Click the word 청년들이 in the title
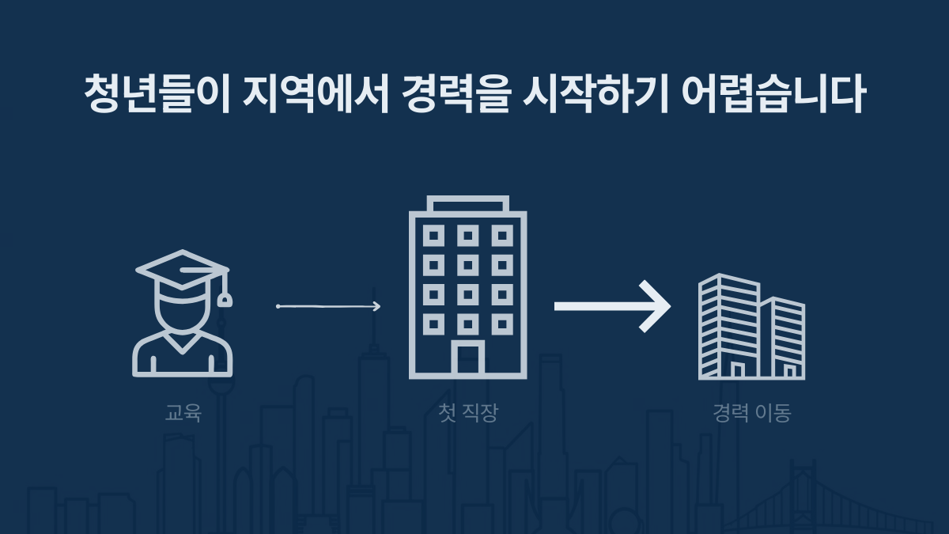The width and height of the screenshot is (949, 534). click(x=157, y=93)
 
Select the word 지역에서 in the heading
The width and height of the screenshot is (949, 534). click(x=316, y=93)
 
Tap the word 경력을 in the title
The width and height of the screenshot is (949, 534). click(x=456, y=93)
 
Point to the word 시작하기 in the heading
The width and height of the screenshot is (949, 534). click(x=595, y=93)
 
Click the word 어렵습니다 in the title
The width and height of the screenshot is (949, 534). click(x=773, y=93)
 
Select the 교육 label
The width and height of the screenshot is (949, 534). click(x=183, y=412)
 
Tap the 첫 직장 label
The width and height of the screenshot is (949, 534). click(x=467, y=412)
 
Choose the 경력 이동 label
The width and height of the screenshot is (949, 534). click(x=751, y=412)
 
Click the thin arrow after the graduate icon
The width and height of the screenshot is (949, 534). click(x=328, y=306)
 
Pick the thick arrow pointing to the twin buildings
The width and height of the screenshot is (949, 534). click(x=613, y=306)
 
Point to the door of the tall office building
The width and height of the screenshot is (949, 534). click(x=467, y=359)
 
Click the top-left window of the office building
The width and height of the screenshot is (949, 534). click(x=433, y=236)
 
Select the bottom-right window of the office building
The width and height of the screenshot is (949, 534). click(x=502, y=324)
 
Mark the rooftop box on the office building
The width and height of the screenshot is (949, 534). click(x=467, y=204)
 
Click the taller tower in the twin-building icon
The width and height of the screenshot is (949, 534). click(x=729, y=326)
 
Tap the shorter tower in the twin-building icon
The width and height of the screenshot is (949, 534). click(x=783, y=338)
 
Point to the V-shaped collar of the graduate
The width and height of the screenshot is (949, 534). click(x=182, y=343)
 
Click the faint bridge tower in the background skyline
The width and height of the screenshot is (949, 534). click(x=802, y=497)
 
